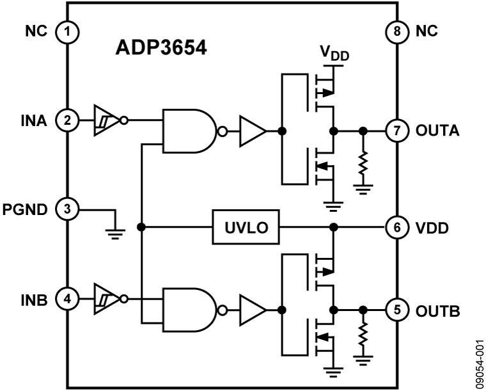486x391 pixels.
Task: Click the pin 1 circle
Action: pyautogui.click(x=66, y=31)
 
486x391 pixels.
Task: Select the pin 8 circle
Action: pyautogui.click(x=396, y=31)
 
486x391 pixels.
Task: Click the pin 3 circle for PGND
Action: pyautogui.click(x=66, y=209)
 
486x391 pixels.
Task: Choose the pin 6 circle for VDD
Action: pyautogui.click(x=396, y=227)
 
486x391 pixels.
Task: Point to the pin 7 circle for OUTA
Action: pyautogui.click(x=396, y=131)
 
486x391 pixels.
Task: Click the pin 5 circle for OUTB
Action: pyautogui.click(x=396, y=310)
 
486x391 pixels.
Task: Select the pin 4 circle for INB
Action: pyautogui.click(x=66, y=298)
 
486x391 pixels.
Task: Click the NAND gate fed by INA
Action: pyautogui.click(x=190, y=131)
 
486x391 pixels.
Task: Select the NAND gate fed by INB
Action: pyautogui.click(x=190, y=310)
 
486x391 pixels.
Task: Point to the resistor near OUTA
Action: pyautogui.click(x=363, y=164)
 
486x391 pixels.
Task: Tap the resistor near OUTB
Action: pyautogui.click(x=363, y=339)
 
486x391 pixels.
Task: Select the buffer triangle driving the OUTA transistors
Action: pyautogui.click(x=252, y=131)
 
